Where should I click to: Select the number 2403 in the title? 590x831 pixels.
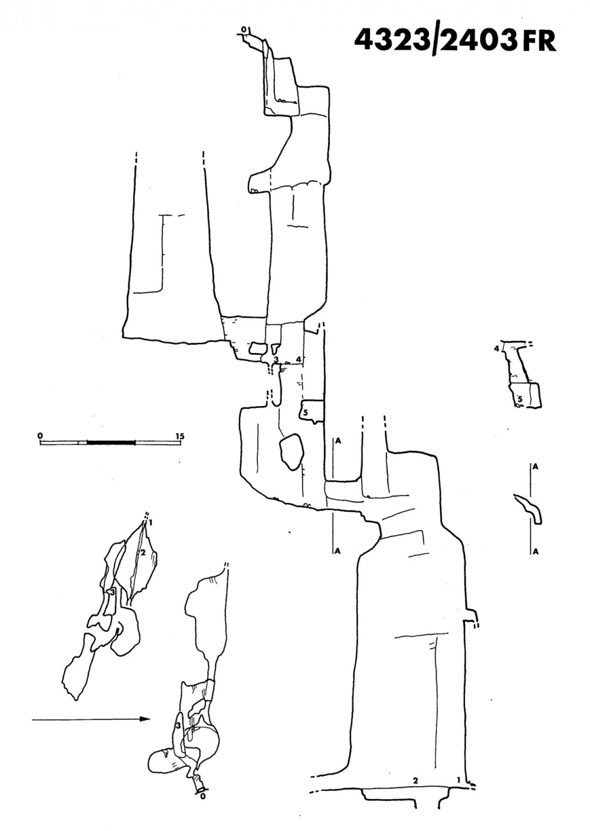pyautogui.click(x=477, y=40)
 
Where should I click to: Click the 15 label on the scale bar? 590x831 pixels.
pyautogui.click(x=180, y=436)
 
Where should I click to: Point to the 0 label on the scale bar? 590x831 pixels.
pyautogui.click(x=40, y=436)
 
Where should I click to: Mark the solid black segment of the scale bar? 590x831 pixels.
pyautogui.click(x=111, y=442)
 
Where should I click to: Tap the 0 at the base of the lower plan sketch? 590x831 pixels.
pyautogui.click(x=203, y=796)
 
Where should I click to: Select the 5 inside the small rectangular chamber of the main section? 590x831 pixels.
pyautogui.click(x=306, y=413)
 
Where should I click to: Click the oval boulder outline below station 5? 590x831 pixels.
pyautogui.click(x=291, y=452)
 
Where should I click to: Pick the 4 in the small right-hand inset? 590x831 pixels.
pyautogui.click(x=497, y=349)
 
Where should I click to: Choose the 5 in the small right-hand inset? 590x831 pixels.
pyautogui.click(x=520, y=400)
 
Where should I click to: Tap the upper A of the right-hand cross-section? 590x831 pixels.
pyautogui.click(x=535, y=466)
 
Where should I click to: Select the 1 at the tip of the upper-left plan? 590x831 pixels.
pyautogui.click(x=151, y=522)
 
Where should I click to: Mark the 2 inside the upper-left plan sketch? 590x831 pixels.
pyautogui.click(x=142, y=552)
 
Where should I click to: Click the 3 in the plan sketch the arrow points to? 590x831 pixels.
pyautogui.click(x=178, y=717)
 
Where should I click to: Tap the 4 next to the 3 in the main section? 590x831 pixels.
pyautogui.click(x=299, y=359)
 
